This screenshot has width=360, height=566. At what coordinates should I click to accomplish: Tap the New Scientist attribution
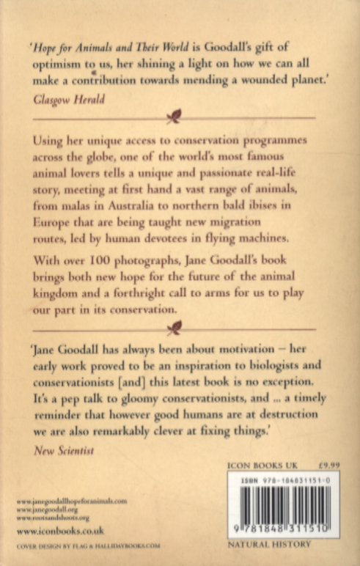pyautogui.click(x=64, y=451)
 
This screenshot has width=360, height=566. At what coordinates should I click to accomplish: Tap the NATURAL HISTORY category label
pyautogui.click(x=269, y=545)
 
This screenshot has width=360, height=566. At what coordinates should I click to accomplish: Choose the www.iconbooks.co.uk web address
pyautogui.click(x=59, y=530)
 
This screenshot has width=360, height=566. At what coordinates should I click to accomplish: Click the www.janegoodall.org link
pyautogui.click(x=49, y=508)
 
